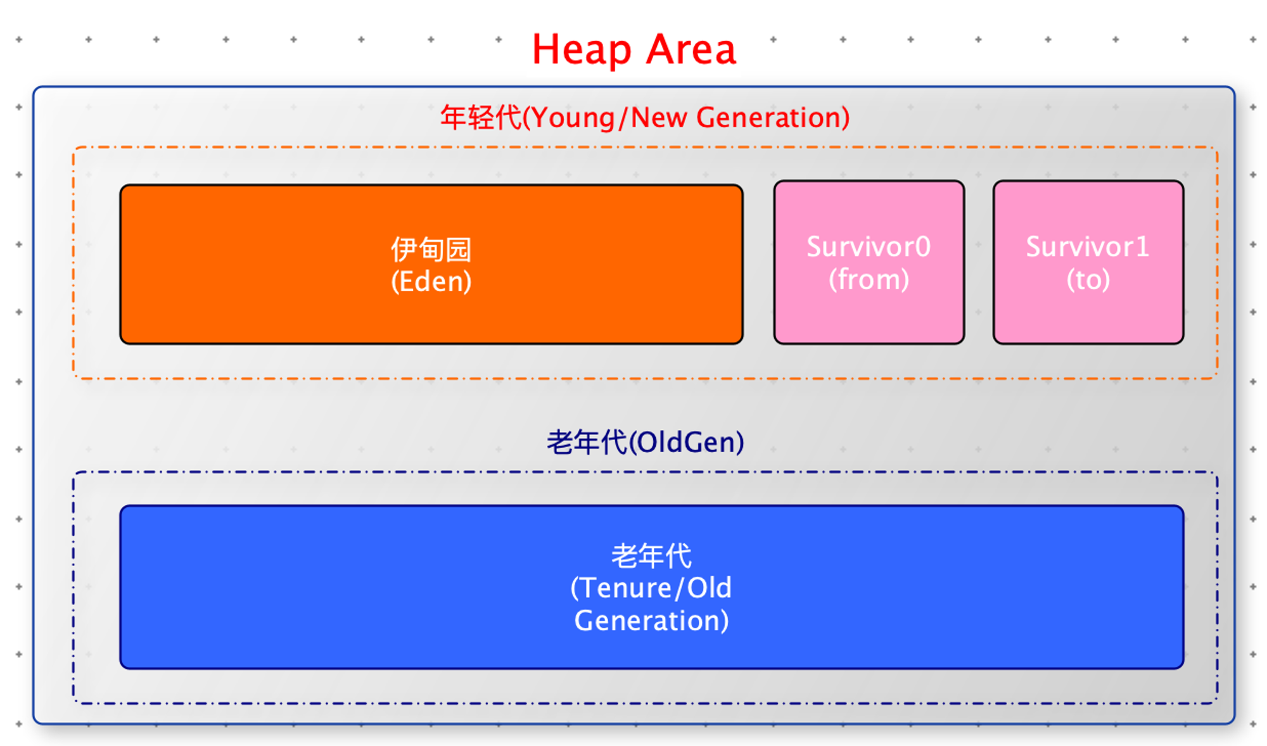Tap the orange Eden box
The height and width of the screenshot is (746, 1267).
(431, 264)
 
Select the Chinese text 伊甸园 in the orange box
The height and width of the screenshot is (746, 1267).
(431, 250)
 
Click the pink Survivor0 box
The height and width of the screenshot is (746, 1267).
(869, 262)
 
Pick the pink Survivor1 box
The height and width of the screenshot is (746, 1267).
(1088, 262)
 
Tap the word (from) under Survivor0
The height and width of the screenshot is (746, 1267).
(869, 279)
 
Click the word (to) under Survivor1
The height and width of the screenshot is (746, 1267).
(1088, 279)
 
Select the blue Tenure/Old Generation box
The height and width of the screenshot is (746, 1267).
(652, 587)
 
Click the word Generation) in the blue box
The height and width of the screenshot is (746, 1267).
(651, 621)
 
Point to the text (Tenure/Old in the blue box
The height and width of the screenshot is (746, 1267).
(651, 588)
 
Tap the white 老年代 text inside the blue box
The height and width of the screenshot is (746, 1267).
(651, 556)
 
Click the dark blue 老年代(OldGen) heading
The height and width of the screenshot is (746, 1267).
(646, 442)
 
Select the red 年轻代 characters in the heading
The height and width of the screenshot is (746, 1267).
(481, 118)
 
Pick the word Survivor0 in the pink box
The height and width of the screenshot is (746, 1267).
(869, 246)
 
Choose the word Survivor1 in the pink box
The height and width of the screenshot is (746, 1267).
(1088, 246)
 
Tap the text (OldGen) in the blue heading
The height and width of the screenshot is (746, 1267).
(687, 443)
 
